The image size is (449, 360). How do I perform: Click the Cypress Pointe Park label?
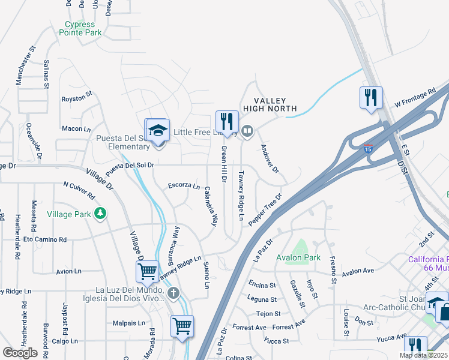[81, 28]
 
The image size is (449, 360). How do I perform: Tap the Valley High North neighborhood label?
[270, 104]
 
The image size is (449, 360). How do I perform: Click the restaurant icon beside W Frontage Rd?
[370, 96]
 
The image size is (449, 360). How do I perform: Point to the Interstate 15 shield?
[368, 148]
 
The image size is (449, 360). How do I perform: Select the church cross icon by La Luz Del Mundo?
[173, 293]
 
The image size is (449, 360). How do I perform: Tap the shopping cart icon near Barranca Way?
[148, 271]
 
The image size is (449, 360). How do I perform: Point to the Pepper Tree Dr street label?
[265, 209]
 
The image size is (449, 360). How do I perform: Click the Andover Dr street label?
[269, 158]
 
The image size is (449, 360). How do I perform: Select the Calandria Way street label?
[210, 205]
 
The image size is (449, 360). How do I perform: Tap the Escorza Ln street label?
[184, 185]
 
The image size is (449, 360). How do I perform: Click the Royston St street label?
[77, 95]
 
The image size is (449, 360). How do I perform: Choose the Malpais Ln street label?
[129, 323]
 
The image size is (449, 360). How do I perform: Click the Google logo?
[20, 353]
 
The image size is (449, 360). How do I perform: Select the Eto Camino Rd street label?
[45, 239]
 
